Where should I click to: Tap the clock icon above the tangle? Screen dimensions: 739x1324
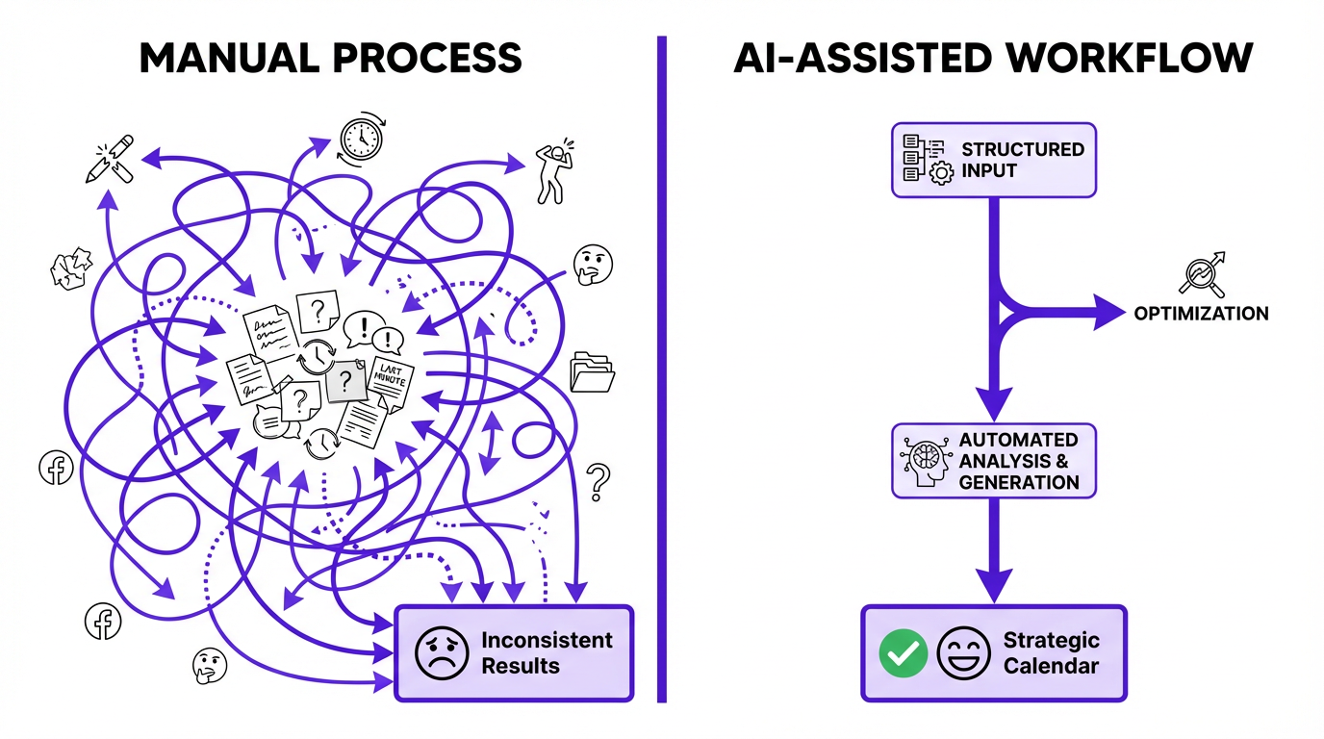tap(361, 140)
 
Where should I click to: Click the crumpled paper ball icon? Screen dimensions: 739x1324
tap(71, 268)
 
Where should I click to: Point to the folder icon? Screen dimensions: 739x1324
tap(592, 371)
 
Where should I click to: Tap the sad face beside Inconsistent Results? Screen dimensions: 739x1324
tap(441, 652)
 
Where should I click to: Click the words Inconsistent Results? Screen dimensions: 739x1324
tap(546, 652)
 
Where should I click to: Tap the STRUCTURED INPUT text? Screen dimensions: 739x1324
tap(1022, 160)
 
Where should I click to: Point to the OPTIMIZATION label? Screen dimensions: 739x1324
tap(1200, 314)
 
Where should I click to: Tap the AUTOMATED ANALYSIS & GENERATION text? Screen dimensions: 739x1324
tap(1019, 461)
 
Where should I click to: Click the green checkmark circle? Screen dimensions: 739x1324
tap(904, 653)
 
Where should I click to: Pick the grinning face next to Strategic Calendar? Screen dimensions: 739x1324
tap(964, 653)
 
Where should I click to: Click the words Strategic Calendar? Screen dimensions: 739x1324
tap(1051, 652)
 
